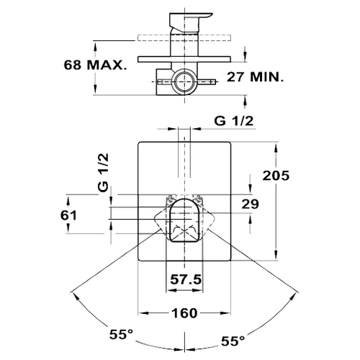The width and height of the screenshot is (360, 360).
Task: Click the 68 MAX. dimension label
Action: (x=95, y=65)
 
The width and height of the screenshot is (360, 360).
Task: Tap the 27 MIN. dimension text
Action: (x=255, y=77)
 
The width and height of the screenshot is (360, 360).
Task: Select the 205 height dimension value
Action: (x=276, y=176)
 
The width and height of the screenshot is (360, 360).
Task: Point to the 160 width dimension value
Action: (x=184, y=313)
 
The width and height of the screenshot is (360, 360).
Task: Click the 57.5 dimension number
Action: (x=186, y=279)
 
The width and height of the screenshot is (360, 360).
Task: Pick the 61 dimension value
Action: (x=68, y=215)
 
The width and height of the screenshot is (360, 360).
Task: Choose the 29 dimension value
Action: (x=251, y=204)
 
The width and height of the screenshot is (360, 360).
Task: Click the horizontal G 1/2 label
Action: (x=234, y=121)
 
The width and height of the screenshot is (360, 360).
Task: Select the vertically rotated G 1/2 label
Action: (x=104, y=172)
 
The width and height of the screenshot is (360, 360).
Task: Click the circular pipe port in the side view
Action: (x=184, y=82)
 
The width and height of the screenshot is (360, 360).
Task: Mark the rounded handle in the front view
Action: (x=184, y=220)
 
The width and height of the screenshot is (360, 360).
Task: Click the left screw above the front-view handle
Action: (x=171, y=199)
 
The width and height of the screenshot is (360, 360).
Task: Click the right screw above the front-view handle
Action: (x=198, y=199)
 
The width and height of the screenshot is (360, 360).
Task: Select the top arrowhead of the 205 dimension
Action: (x=276, y=147)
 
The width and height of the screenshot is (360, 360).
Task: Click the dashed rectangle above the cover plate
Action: (x=184, y=38)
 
